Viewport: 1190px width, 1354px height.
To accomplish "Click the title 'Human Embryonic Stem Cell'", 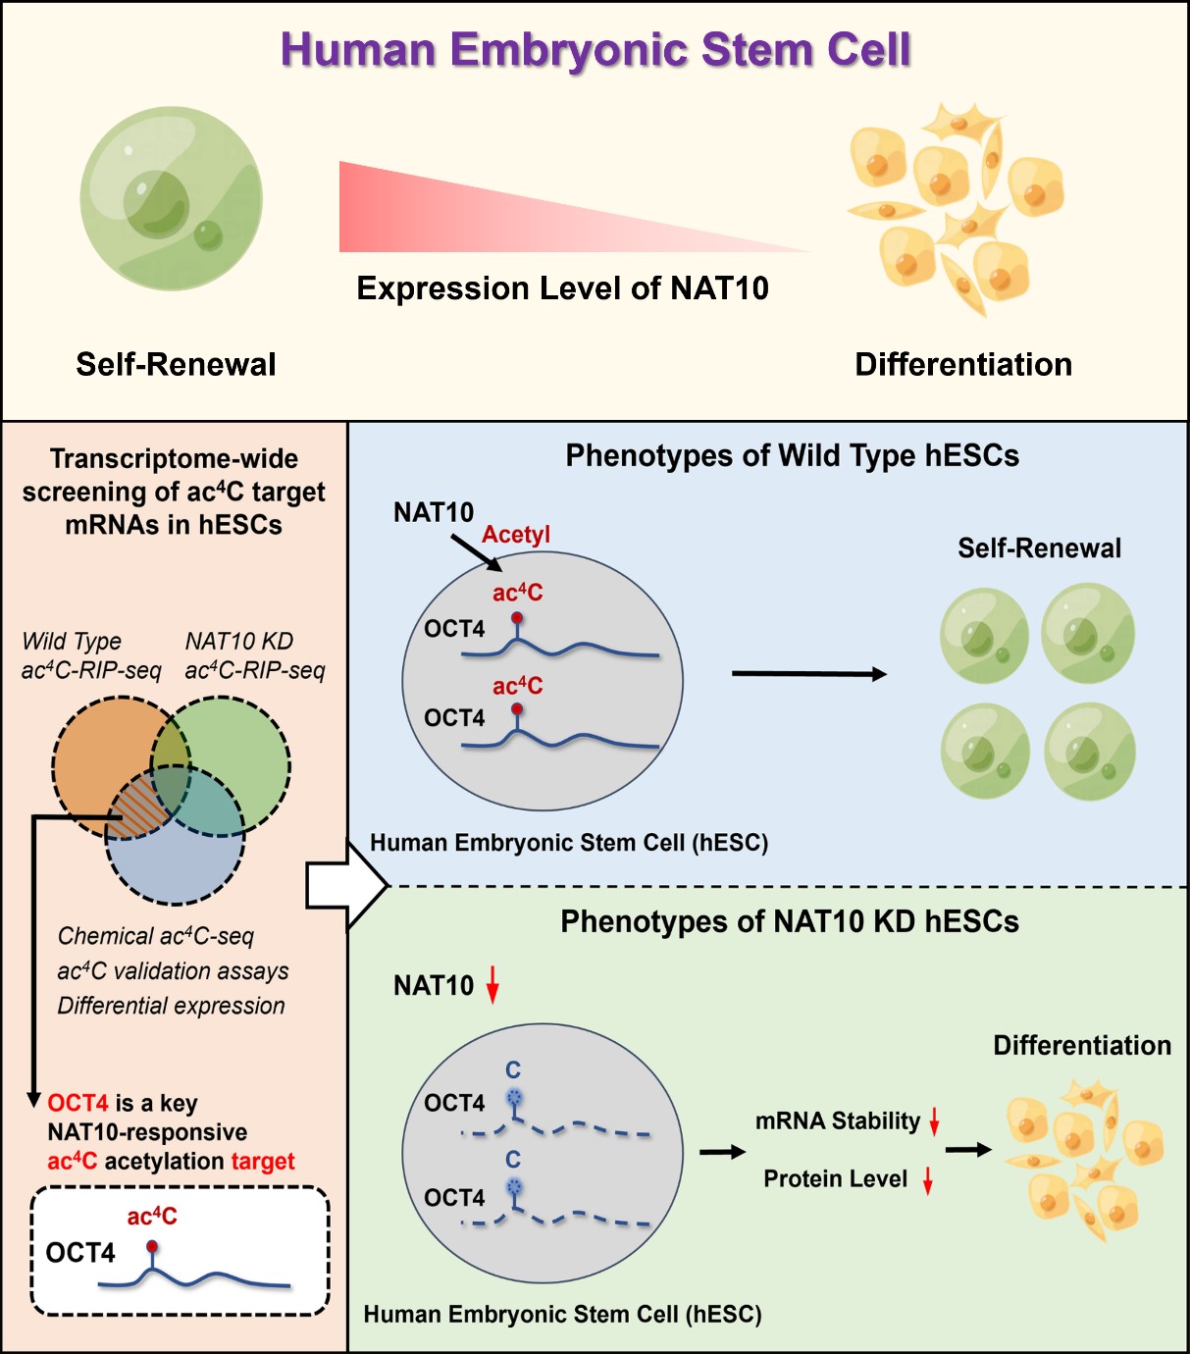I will coord(595,50).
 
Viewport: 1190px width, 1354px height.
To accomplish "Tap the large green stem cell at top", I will coord(172,199).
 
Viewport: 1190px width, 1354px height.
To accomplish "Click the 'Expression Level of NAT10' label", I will coord(562,288).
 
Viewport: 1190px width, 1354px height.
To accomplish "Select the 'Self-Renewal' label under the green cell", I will coord(176,365).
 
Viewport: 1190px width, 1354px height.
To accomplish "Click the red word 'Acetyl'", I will coord(516,535).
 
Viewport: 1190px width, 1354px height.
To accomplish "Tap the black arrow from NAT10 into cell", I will coord(477,552).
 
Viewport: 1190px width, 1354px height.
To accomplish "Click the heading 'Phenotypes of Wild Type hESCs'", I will coord(792,456).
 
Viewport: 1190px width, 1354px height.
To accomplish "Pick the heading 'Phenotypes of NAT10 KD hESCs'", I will coord(789,922).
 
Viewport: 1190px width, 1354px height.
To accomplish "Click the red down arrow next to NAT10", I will coord(492,984).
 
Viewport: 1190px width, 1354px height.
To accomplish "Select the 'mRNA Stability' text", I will coord(838,1121).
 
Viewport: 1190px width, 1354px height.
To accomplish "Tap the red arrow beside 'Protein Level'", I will coord(927,1180).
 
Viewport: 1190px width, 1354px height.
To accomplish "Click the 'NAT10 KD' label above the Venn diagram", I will coord(239,642).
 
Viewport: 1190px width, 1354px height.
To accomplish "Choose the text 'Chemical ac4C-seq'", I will coord(156,937).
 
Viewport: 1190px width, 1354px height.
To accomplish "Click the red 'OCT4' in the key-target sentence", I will coord(78,1104).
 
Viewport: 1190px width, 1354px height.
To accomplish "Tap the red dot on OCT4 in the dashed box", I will coord(151,1247).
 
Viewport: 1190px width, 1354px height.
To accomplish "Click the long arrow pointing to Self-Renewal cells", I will coord(809,674).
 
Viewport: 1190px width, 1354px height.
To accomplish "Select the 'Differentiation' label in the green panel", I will coord(1081,1046).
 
